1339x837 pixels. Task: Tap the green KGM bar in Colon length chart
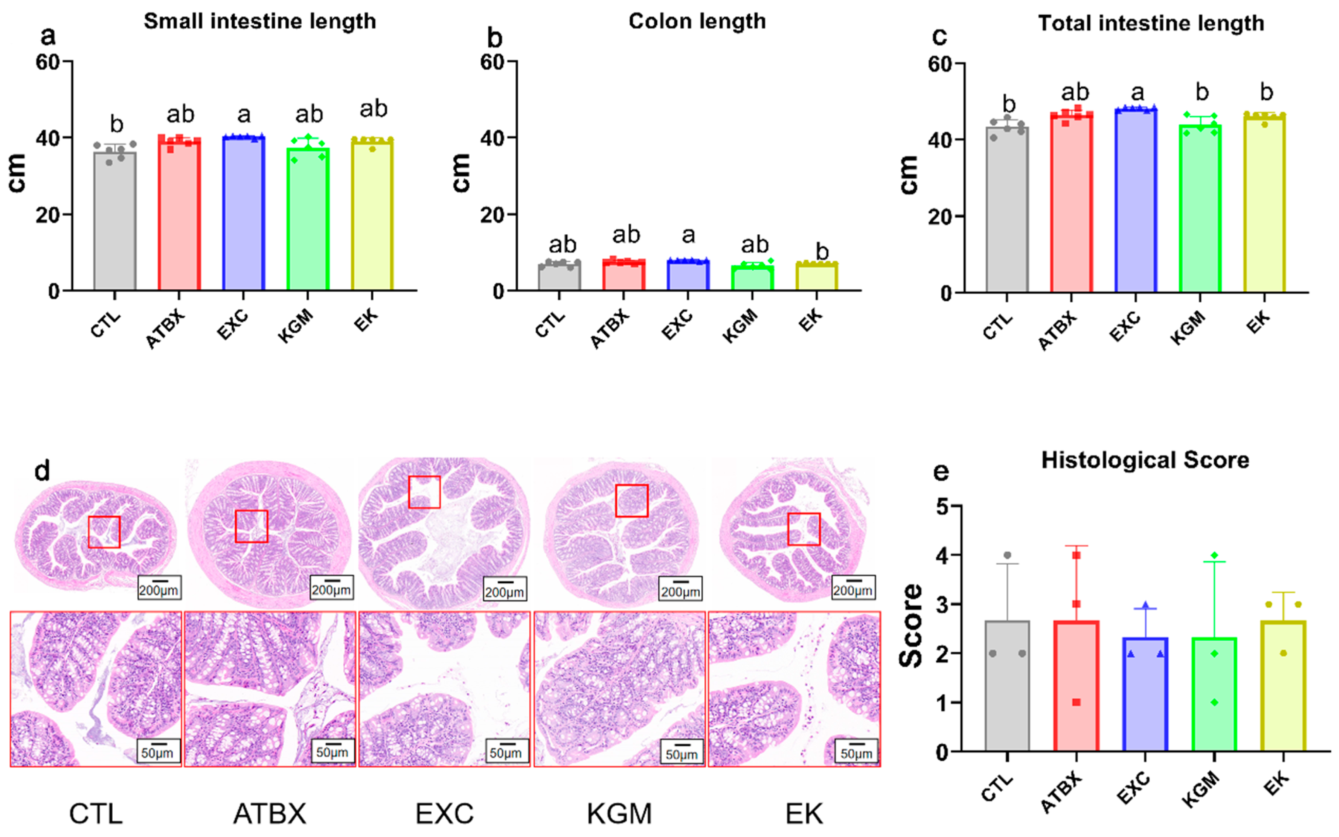pyautogui.click(x=752, y=278)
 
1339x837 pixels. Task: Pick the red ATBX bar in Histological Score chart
pyautogui.click(x=1076, y=686)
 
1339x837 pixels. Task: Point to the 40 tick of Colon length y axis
pyautogui.click(x=493, y=138)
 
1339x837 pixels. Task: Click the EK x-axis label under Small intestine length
pyautogui.click(x=366, y=320)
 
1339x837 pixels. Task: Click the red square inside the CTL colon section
pyautogui.click(x=104, y=532)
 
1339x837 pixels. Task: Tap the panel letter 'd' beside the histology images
pyautogui.click(x=42, y=471)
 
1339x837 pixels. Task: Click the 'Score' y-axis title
pyautogui.click(x=911, y=626)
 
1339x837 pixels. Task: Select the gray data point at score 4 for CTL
pyautogui.click(x=1007, y=555)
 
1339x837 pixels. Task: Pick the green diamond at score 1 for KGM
pyautogui.click(x=1214, y=703)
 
